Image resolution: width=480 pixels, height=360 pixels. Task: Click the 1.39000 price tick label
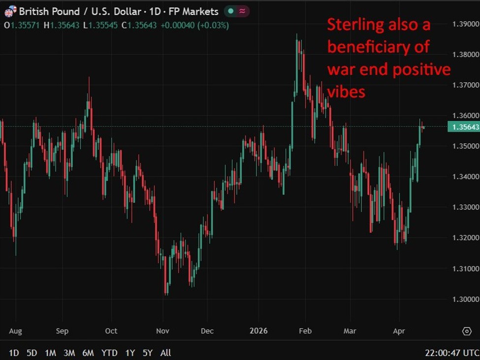pos(465,24)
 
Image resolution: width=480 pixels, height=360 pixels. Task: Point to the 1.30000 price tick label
pos(465,299)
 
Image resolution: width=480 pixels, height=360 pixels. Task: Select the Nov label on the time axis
pos(162,331)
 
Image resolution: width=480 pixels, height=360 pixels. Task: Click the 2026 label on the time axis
pos(258,331)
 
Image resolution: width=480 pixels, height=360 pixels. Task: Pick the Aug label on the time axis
pos(16,331)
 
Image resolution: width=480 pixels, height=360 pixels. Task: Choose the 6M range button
pos(88,353)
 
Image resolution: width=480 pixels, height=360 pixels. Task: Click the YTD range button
pos(109,353)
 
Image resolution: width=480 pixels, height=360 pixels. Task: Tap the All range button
pos(166,353)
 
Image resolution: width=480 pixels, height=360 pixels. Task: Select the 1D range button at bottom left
pos(14,353)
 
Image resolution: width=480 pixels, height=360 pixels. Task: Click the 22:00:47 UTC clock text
pos(452,353)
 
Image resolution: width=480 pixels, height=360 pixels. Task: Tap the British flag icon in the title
pos(10,11)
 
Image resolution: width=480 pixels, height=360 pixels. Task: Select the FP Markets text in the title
pos(193,11)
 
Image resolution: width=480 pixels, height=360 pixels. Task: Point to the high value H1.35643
pos(62,25)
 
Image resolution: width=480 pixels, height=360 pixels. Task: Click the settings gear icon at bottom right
pos(467,331)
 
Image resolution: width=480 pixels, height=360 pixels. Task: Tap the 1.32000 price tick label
pos(465,238)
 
